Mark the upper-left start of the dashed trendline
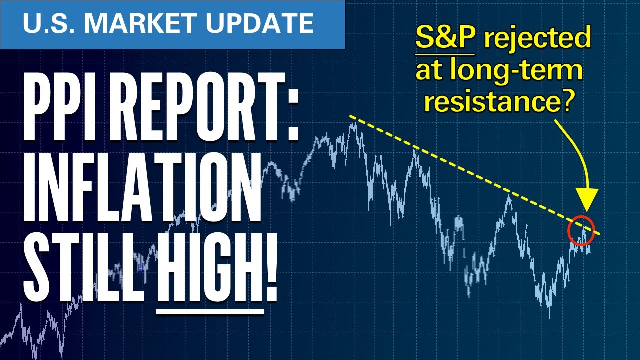pos(350,117)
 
